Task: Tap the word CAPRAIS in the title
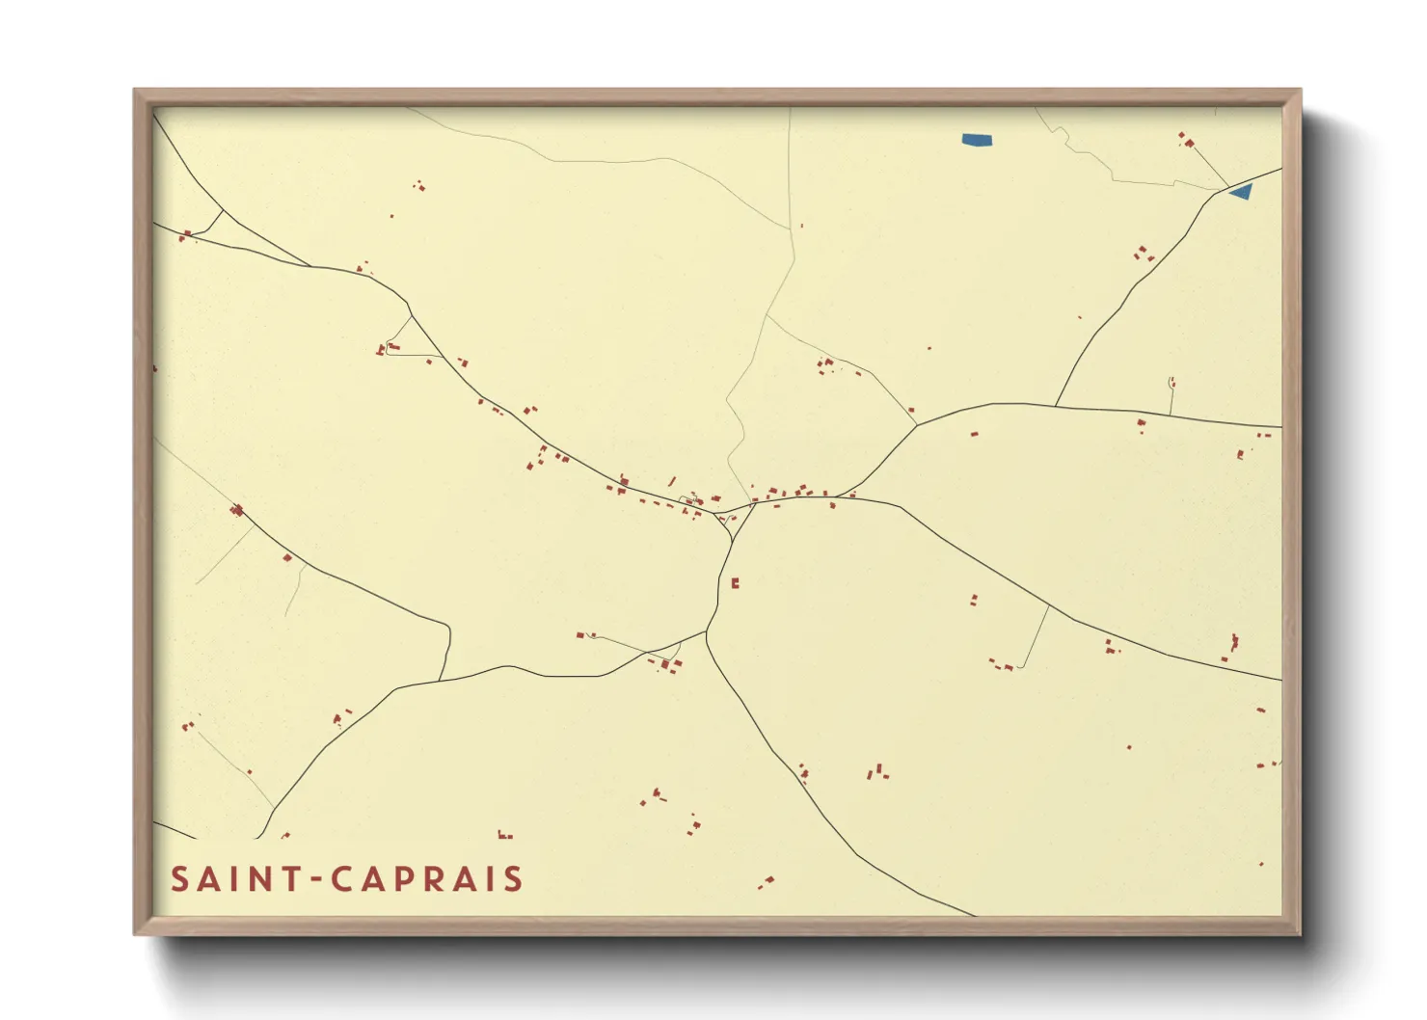[x=427, y=879]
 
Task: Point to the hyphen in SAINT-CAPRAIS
[x=314, y=879]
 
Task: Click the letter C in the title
[x=342, y=879]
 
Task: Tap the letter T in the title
[x=290, y=879]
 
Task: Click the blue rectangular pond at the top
[x=977, y=140]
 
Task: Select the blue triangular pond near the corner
[x=1242, y=191]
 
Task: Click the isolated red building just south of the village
[x=735, y=582]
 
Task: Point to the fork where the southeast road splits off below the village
[x=707, y=633]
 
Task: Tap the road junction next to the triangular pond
[x=1227, y=188]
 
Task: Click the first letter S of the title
[x=179, y=879]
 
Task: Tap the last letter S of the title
[x=512, y=879]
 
